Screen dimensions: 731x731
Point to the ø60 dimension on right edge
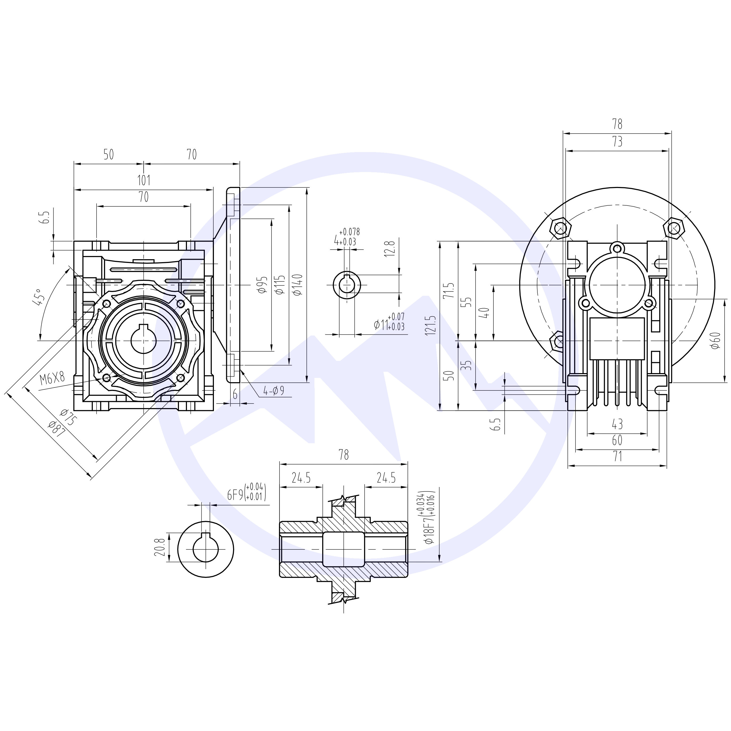pyautogui.click(x=715, y=341)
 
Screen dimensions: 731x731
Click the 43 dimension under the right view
pyautogui.click(x=617, y=424)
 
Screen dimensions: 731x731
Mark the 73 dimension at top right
pyautogui.click(x=617, y=142)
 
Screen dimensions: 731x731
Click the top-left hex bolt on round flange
pyautogui.click(x=561, y=228)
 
